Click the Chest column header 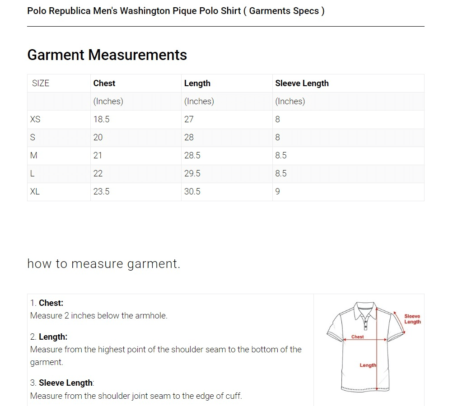[x=104, y=83]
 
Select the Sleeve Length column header [x=302, y=83]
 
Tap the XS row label [x=35, y=119]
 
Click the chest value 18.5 [x=102, y=119]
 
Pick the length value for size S [x=189, y=137]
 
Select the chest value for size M [x=98, y=156]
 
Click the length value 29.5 [x=192, y=173]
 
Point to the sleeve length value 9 [x=278, y=192]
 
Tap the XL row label [x=35, y=192]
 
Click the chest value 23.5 [x=102, y=192]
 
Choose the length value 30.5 [x=192, y=192]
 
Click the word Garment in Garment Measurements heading [x=56, y=55]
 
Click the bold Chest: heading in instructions [x=51, y=303]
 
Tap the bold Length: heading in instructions [x=53, y=337]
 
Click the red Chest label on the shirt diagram [x=357, y=337]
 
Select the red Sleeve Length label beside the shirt [x=412, y=319]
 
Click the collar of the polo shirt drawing [x=366, y=310]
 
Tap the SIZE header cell [x=41, y=83]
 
